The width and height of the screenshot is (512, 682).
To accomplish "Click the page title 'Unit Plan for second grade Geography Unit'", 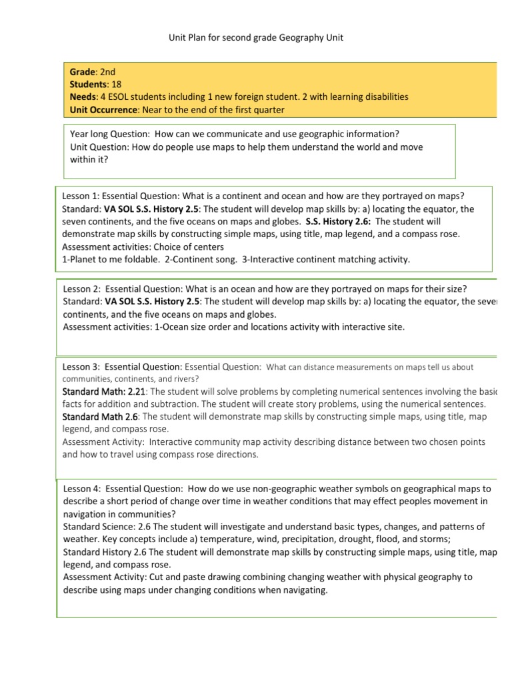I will point(255,38).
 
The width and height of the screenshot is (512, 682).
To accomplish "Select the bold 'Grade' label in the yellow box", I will point(83,72).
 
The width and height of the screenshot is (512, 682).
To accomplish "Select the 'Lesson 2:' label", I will point(81,289).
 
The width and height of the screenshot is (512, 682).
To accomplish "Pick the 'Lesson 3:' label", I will point(81,366).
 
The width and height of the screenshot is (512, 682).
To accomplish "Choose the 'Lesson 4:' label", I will point(81,489).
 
